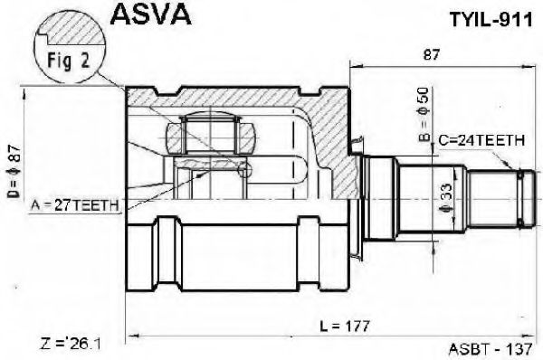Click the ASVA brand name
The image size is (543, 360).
click(150, 14)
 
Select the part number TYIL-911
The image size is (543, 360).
click(491, 20)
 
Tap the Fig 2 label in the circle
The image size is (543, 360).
click(69, 61)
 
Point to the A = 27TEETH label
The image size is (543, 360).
click(75, 206)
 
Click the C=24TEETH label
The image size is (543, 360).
click(481, 140)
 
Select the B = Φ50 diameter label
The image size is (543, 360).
click(424, 115)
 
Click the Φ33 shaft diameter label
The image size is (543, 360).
click(446, 198)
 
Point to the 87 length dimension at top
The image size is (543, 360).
click(432, 54)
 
